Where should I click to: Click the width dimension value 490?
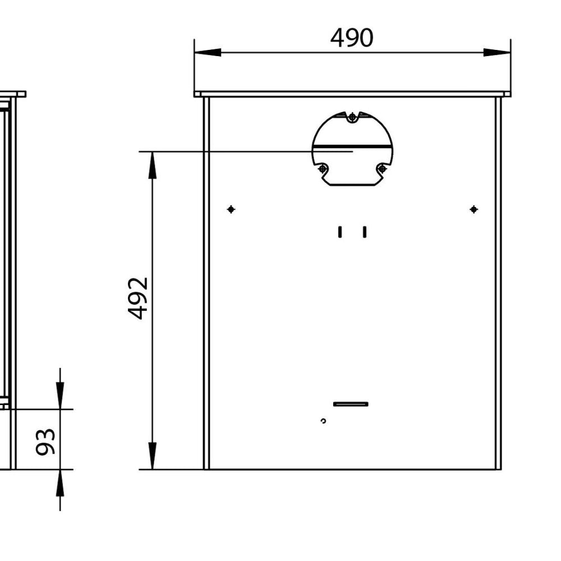click(352, 38)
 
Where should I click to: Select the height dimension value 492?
click(138, 298)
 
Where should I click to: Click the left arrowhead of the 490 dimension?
click(208, 52)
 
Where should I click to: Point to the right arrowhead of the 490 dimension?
click(497, 52)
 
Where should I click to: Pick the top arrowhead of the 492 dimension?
click(152, 165)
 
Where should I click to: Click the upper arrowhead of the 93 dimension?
click(60, 396)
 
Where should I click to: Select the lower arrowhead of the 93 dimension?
click(60, 482)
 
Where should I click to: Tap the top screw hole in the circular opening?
click(352, 117)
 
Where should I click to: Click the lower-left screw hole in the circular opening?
click(323, 168)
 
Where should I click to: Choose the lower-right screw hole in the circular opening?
click(382, 168)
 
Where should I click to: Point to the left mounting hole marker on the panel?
click(231, 209)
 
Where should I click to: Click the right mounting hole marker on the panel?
click(474, 209)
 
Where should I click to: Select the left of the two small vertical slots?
click(340, 232)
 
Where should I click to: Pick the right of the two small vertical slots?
click(365, 232)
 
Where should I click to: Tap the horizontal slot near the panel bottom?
click(351, 404)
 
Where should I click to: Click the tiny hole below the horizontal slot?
click(323, 421)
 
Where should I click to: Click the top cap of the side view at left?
click(12, 94)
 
